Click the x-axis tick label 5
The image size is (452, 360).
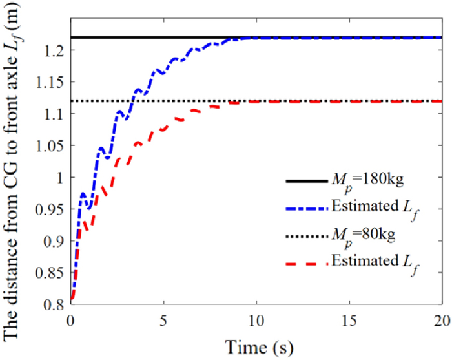click(164, 321)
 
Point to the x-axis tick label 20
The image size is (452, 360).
click(441, 321)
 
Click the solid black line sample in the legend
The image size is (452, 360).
click(307, 180)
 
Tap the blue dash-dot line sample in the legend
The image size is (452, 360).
click(307, 206)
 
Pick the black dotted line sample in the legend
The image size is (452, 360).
click(307, 233)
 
